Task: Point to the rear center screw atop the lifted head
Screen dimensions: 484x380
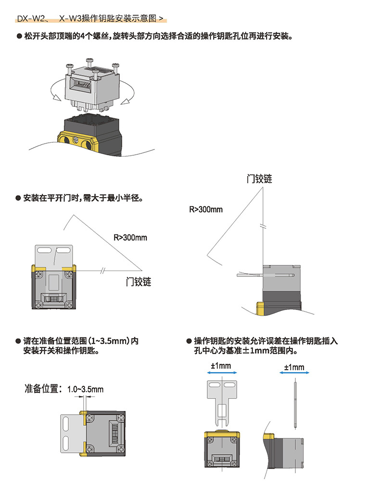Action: [89, 61]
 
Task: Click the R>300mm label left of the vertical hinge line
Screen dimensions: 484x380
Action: [205, 210]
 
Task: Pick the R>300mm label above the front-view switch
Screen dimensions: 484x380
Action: [130, 237]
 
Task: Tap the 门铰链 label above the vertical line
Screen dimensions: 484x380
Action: [259, 179]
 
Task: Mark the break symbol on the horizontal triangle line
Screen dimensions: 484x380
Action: [102, 271]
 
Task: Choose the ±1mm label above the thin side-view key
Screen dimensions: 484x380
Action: [294, 367]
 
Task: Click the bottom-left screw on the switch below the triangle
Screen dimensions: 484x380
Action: [38, 305]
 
